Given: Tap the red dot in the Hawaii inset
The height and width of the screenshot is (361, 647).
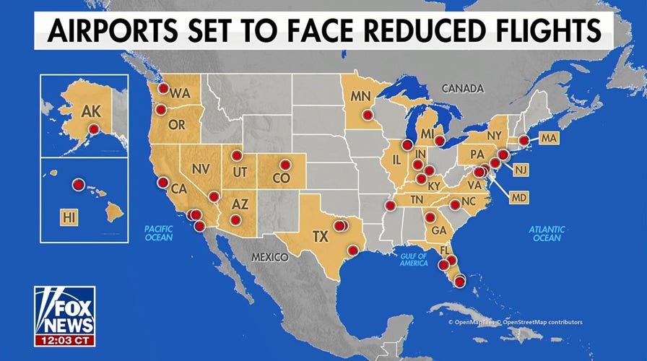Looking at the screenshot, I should [78, 185].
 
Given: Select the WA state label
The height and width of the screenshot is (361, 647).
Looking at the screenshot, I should [181, 93].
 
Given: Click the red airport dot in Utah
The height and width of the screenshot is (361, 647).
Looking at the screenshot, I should [236, 155].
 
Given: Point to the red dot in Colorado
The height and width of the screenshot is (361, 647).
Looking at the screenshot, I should [285, 164].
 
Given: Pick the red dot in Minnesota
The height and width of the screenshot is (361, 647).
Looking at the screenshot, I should [367, 114].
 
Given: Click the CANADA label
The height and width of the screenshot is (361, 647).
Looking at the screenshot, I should [461, 89].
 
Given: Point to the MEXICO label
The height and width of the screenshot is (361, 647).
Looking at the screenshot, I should [270, 257].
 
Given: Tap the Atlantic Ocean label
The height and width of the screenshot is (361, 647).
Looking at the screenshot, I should [547, 233].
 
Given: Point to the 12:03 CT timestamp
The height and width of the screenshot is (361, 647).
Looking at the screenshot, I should [65, 339].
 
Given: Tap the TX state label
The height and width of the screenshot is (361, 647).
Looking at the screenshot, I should [320, 236].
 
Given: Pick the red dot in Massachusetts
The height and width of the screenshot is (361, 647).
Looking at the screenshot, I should [524, 140].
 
